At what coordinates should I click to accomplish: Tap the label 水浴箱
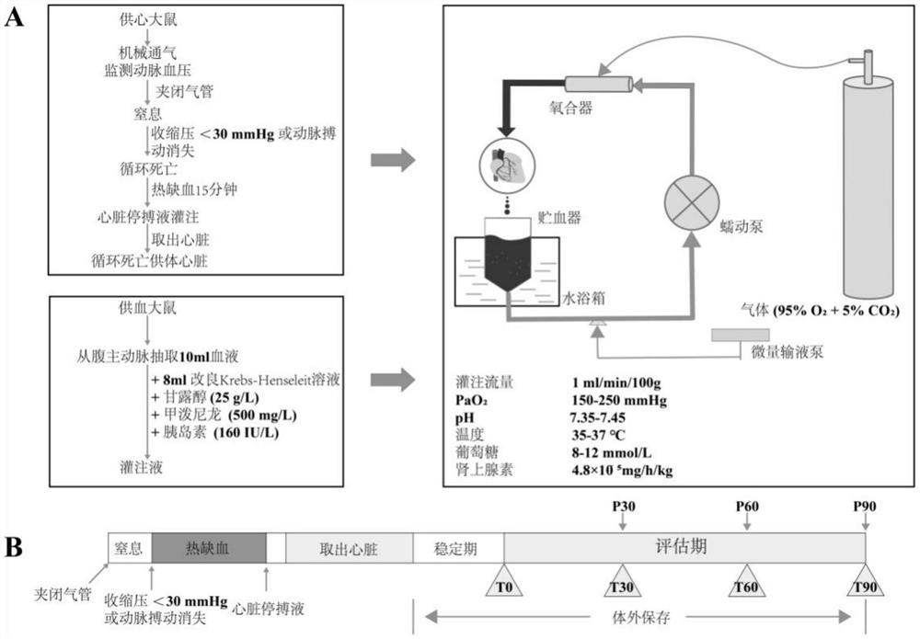(x=583, y=299)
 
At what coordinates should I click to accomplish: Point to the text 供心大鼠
(x=144, y=19)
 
